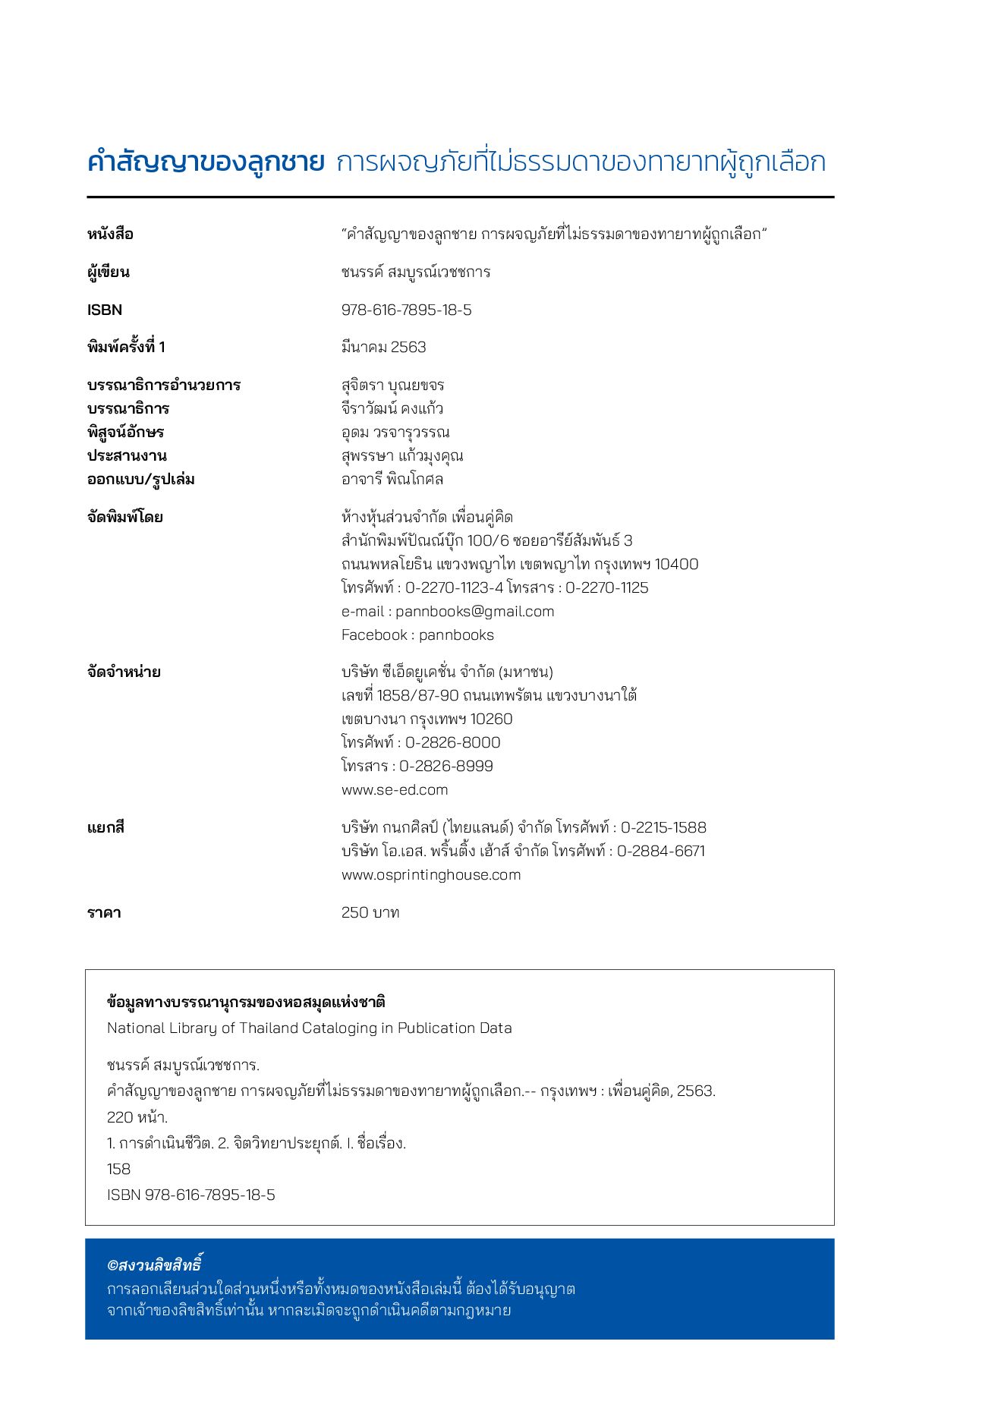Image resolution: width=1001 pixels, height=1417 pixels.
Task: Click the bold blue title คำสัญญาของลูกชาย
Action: pyautogui.click(x=206, y=162)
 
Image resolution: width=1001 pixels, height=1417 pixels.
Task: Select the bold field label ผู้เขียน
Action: pyautogui.click(x=108, y=272)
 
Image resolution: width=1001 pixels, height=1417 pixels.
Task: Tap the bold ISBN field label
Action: pyautogui.click(x=105, y=310)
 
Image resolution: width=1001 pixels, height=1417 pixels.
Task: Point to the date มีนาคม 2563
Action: pyautogui.click(x=383, y=347)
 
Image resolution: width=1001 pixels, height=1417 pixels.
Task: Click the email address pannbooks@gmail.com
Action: pyautogui.click(x=474, y=611)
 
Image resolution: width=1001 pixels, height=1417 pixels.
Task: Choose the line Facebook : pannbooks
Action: pyautogui.click(x=417, y=635)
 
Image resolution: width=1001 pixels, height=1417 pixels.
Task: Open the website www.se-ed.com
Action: pyautogui.click(x=395, y=789)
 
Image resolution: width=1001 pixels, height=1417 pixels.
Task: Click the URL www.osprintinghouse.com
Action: pyautogui.click(x=431, y=874)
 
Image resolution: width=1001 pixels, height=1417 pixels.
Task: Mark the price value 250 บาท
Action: pyautogui.click(x=370, y=912)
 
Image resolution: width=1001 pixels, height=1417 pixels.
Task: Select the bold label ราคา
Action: pyautogui.click(x=104, y=912)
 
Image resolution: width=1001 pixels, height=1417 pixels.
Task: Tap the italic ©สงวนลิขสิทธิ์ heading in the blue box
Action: pyautogui.click(x=154, y=1264)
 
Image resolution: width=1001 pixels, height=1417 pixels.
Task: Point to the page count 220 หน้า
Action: pyautogui.click(x=137, y=1117)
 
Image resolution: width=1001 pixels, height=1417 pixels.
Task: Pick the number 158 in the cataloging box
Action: pyautogui.click(x=118, y=1169)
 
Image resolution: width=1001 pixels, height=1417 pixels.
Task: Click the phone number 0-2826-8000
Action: pyautogui.click(x=453, y=742)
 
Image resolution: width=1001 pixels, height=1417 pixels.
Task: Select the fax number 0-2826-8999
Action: pyautogui.click(x=446, y=766)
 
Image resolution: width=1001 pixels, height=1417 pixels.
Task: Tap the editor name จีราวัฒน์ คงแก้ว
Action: pyautogui.click(x=392, y=408)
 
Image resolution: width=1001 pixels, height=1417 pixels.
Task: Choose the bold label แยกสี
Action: pyautogui.click(x=105, y=827)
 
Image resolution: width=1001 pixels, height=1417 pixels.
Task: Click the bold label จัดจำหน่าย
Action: pyautogui.click(x=124, y=672)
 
